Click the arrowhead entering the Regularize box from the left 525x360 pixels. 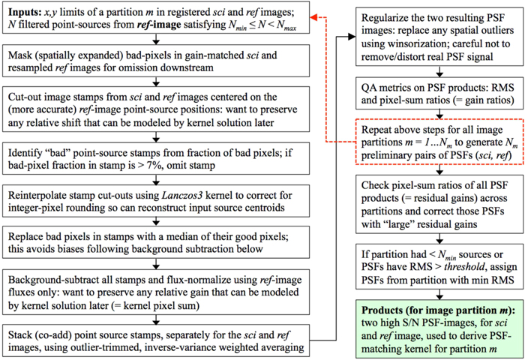pos(349,34)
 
